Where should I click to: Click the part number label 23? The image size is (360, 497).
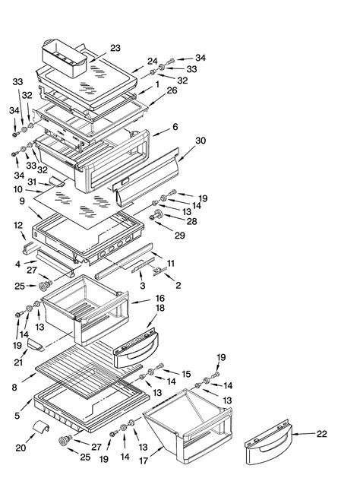click(x=115, y=48)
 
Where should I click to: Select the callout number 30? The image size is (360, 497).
click(x=201, y=141)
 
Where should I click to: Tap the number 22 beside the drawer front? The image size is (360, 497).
click(x=322, y=434)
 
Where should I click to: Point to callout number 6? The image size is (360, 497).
click(x=175, y=127)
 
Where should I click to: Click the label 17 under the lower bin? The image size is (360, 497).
click(x=144, y=461)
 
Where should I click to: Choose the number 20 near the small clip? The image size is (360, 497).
click(x=21, y=448)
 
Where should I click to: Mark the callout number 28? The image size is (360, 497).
click(x=191, y=221)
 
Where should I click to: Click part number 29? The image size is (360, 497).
click(x=180, y=235)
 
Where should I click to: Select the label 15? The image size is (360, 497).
click(x=186, y=374)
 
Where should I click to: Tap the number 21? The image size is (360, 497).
click(x=18, y=362)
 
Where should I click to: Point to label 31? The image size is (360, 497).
click(x=32, y=182)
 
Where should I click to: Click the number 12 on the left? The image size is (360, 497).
click(x=18, y=226)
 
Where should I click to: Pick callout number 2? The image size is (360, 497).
click(x=178, y=285)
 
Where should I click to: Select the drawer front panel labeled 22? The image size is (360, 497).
click(x=269, y=442)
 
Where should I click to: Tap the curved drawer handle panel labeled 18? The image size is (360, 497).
click(x=136, y=348)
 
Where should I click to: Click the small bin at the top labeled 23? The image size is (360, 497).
click(x=65, y=59)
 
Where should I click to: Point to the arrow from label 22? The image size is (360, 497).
click(x=304, y=434)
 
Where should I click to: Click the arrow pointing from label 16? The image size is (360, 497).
click(x=141, y=302)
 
